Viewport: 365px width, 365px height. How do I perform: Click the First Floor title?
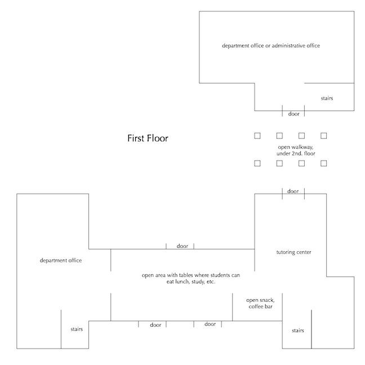(148, 138)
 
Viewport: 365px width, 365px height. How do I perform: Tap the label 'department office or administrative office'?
(271, 45)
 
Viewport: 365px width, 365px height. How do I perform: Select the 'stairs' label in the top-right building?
(327, 98)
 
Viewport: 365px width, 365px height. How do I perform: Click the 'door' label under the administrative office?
(293, 114)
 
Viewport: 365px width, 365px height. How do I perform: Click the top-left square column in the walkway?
(257, 136)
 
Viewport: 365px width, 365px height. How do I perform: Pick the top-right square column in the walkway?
(324, 136)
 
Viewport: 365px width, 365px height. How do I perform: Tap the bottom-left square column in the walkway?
(257, 163)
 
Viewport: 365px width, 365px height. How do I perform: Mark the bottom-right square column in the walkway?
(324, 163)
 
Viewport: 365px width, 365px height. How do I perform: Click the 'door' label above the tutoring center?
(293, 192)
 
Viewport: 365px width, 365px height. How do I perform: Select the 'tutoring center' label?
(294, 252)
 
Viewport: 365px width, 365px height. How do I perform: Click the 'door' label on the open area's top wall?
(182, 246)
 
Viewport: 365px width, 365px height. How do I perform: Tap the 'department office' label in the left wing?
(61, 261)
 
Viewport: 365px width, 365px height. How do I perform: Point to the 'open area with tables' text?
(191, 278)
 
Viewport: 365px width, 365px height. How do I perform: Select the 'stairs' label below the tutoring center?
(298, 331)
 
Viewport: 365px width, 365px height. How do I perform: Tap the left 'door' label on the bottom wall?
(155, 325)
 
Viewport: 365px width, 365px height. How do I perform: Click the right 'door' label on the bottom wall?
(210, 324)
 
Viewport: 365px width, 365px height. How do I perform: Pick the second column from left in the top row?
(279, 136)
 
